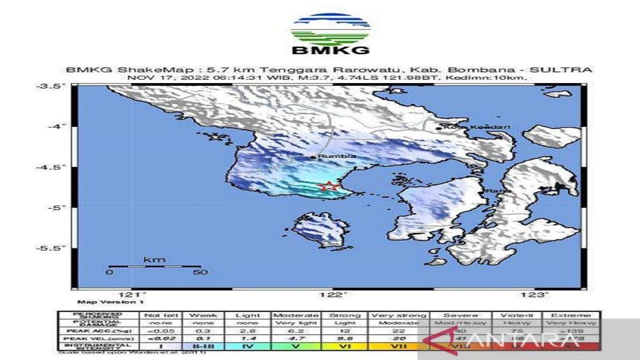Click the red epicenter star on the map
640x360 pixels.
pos(328,186)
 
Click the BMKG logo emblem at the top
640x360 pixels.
pos(330,29)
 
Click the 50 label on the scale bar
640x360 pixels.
pos(200,272)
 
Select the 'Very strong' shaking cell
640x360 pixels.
pos(398,315)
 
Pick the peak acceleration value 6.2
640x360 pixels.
pos(296,330)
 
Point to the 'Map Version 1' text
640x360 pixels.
pos(103,302)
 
